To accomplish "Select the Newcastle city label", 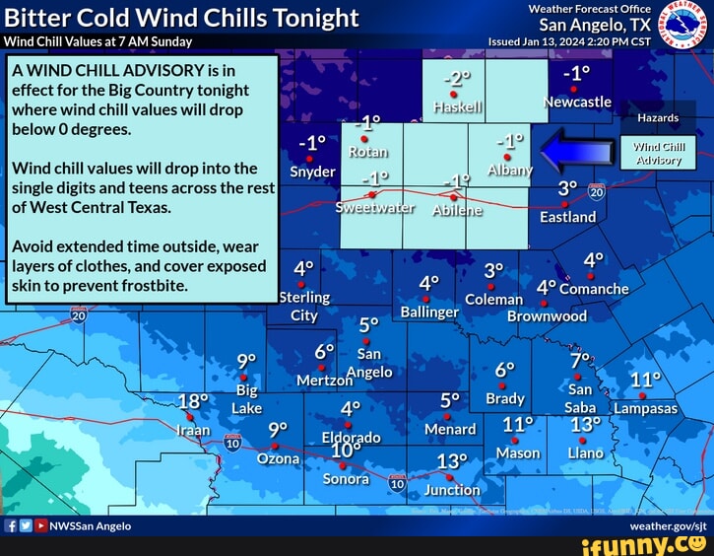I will point(578,102).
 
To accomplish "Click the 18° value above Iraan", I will point(194,401).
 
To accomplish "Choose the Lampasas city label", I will point(645,408).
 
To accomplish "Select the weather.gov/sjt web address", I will point(669,526).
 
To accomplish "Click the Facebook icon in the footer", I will point(11,526).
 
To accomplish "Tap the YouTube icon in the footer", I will point(39,526).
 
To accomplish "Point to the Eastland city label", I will point(567,216).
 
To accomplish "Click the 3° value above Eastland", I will point(567,187).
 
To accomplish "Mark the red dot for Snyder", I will point(309,158).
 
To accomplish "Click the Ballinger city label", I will point(430,312).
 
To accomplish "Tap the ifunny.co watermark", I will point(656,545).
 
